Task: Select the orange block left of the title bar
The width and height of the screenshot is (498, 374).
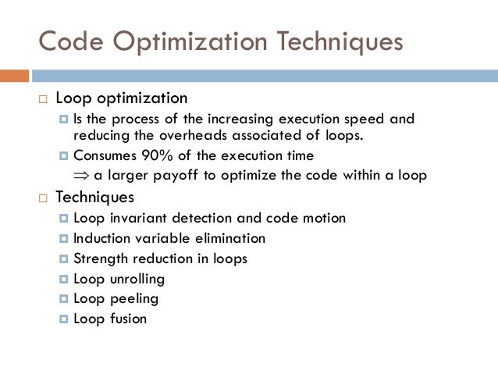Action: [x=14, y=76]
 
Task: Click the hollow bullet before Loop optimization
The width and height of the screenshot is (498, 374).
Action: [x=44, y=99]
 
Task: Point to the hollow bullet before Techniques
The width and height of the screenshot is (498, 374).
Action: [x=44, y=198]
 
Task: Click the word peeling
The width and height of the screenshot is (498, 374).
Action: [x=132, y=299]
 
